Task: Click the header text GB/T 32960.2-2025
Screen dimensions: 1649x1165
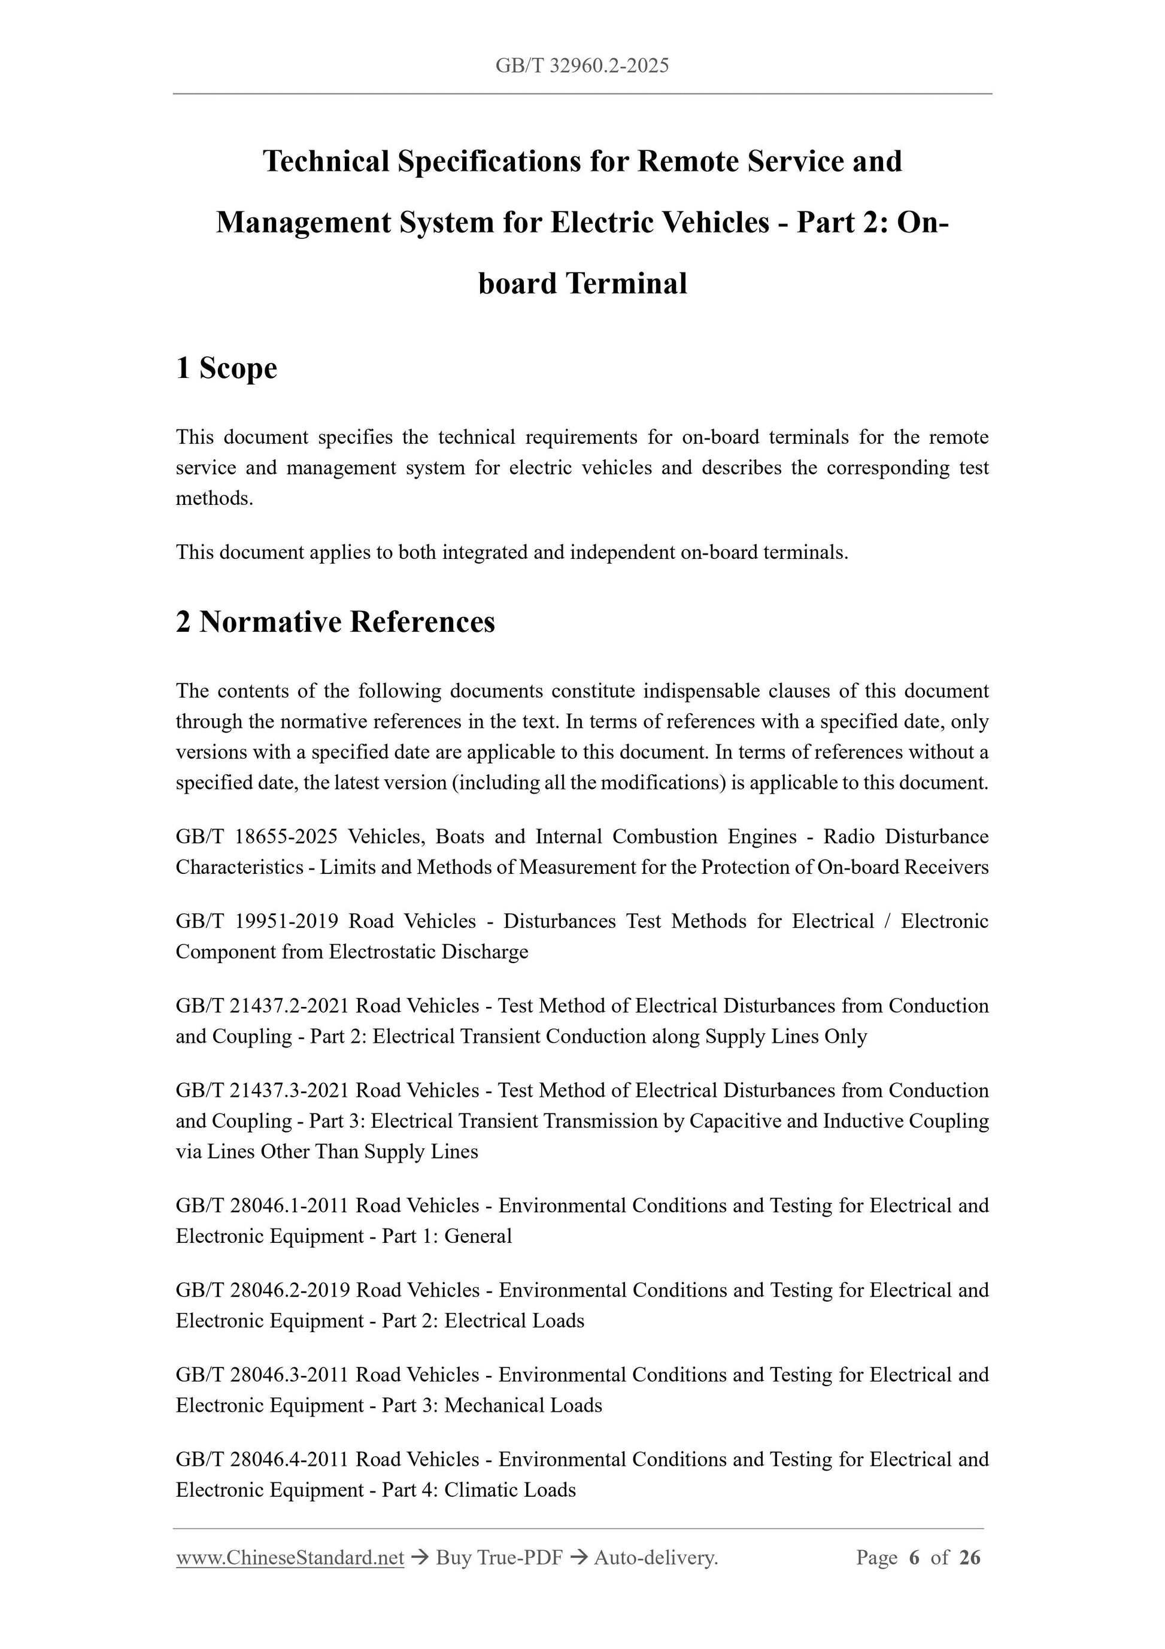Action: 582,66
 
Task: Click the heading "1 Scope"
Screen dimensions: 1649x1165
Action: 226,368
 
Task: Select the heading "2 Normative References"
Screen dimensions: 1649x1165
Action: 335,622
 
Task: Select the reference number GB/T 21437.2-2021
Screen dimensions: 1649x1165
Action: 262,1006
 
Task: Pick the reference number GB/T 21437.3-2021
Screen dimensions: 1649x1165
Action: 262,1090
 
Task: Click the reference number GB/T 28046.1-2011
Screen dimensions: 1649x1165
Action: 262,1205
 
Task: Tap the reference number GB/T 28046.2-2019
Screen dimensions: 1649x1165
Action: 263,1290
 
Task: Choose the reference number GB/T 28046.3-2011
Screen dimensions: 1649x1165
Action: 262,1375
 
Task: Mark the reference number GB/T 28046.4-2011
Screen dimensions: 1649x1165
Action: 262,1459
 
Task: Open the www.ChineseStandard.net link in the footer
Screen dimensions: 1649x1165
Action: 290,1557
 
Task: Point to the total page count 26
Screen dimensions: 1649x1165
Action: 970,1557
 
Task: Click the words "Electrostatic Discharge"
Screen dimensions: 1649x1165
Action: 428,952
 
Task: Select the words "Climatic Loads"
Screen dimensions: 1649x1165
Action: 509,1490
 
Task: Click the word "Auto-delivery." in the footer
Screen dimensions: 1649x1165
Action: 656,1557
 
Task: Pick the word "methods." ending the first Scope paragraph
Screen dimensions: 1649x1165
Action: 215,498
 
